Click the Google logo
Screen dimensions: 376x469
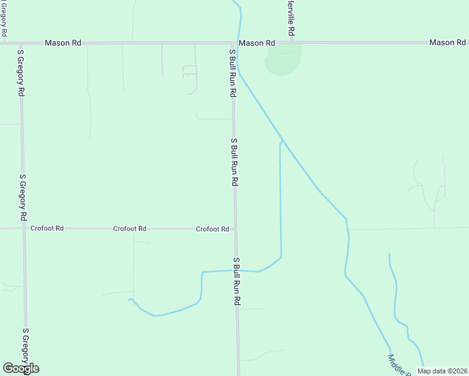[21, 368]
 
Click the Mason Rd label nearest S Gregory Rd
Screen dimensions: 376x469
[63, 43]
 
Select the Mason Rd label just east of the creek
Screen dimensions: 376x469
[257, 43]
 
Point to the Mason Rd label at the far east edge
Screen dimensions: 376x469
[447, 42]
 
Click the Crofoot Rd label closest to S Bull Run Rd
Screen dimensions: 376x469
[212, 229]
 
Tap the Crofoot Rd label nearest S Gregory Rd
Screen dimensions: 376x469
[47, 229]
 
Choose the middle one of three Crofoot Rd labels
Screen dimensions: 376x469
[130, 229]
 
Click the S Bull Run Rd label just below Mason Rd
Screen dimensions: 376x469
[233, 72]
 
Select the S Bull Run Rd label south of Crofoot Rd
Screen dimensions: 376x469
[237, 281]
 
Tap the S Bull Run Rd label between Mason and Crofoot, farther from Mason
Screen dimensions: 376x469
[234, 162]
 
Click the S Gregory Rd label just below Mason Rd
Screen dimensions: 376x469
[21, 72]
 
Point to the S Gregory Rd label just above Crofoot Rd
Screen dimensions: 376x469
[23, 197]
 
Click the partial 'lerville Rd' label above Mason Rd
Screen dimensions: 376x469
[291, 18]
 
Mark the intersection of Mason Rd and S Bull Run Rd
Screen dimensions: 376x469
[233, 43]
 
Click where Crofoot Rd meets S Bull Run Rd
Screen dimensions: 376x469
[235, 229]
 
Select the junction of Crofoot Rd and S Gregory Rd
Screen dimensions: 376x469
[24, 228]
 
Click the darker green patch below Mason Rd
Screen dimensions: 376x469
[283, 61]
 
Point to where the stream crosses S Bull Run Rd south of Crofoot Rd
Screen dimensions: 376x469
[236, 271]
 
